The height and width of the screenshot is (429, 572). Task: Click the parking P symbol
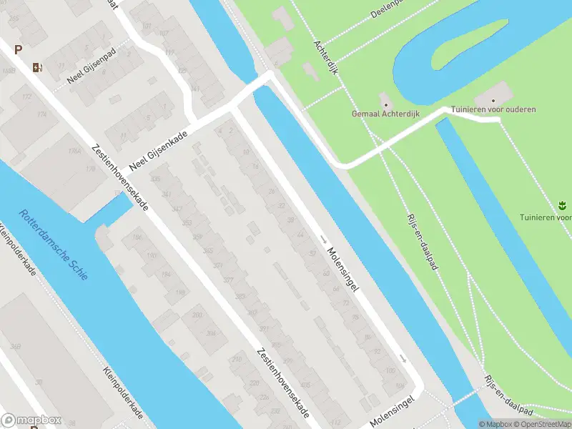pyautogui.click(x=18, y=49)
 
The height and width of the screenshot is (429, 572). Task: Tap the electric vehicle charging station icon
pyautogui.click(x=37, y=68)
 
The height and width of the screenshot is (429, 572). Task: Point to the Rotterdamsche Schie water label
pyautogui.click(x=54, y=244)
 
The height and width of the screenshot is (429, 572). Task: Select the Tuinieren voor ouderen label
pyautogui.click(x=493, y=109)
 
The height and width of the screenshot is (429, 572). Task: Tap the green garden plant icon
pyautogui.click(x=561, y=206)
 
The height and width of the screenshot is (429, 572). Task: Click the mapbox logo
pyautogui.click(x=31, y=420)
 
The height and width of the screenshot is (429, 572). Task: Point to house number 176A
pyautogui.click(x=74, y=151)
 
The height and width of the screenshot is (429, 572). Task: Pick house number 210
pyautogui.click(x=237, y=359)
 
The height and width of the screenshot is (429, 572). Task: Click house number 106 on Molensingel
pyautogui.click(x=390, y=370)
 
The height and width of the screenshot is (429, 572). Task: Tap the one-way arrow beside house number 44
pyautogui.click(x=323, y=238)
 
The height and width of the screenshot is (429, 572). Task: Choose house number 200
pyautogui.click(x=197, y=315)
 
